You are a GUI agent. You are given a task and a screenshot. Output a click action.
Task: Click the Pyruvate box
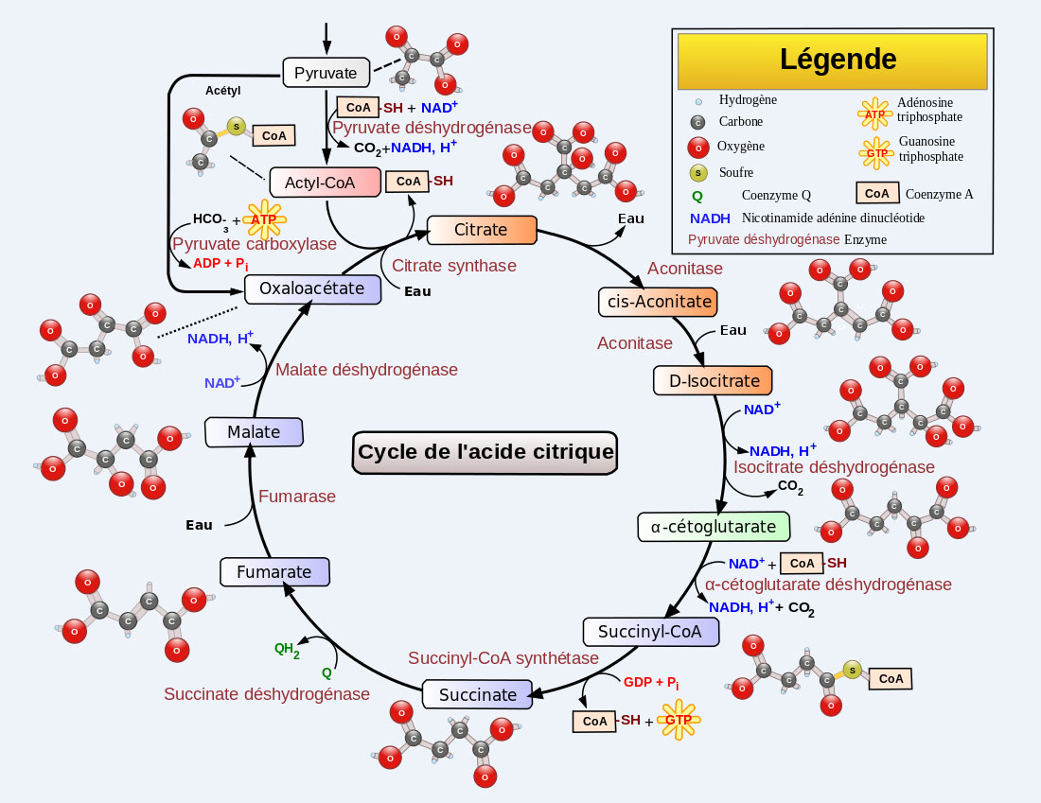[x=325, y=73]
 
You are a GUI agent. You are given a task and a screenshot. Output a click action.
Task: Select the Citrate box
[x=482, y=230]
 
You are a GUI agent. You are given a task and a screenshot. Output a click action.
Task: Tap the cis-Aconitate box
[x=659, y=302]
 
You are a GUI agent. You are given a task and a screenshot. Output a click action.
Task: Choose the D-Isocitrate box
[x=714, y=381]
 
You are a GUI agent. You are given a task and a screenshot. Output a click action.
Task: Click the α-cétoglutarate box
[x=714, y=527]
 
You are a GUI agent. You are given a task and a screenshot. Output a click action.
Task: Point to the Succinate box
[x=477, y=694]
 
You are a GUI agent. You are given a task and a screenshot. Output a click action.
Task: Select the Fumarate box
[x=274, y=572]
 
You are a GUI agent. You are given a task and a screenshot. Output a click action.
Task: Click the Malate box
[x=254, y=432]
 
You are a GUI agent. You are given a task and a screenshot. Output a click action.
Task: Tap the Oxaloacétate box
[x=312, y=288]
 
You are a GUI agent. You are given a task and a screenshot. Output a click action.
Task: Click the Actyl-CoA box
[x=326, y=182]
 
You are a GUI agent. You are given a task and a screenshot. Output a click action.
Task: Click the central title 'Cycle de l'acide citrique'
[x=485, y=452]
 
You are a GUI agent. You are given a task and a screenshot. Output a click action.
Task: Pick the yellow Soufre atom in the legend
[x=698, y=172]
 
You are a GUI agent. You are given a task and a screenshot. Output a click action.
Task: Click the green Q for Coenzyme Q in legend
[x=697, y=196]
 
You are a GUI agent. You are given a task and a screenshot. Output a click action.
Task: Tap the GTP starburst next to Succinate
[x=679, y=720]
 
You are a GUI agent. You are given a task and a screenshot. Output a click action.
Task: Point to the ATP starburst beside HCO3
[x=263, y=219]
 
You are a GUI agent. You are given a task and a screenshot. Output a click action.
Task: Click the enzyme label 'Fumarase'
[x=297, y=497]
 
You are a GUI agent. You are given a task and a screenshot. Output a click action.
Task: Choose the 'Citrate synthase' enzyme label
[x=454, y=266]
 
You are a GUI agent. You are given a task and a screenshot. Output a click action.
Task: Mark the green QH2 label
[x=287, y=650]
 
